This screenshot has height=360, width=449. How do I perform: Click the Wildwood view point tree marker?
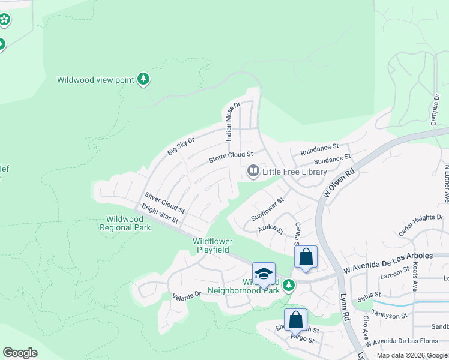[143, 79]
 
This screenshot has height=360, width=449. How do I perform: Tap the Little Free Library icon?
[253, 172]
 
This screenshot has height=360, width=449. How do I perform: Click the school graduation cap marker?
[264, 274]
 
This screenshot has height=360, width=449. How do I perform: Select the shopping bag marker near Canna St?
[306, 257]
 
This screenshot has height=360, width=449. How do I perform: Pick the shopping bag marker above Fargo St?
[296, 319]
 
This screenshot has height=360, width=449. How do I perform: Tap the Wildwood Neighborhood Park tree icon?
[289, 285]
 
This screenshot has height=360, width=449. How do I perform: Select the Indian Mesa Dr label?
[232, 121]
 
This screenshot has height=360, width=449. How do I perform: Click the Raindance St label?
[319, 148]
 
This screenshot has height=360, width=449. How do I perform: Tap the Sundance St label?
[332, 160]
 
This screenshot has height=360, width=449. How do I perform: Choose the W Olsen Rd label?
[339, 182]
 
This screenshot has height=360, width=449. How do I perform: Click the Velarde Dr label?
[186, 295]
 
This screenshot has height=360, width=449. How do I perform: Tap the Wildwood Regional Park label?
[125, 224]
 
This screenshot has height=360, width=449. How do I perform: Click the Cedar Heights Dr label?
[423, 226]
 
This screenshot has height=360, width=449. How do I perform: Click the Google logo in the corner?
[20, 353]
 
